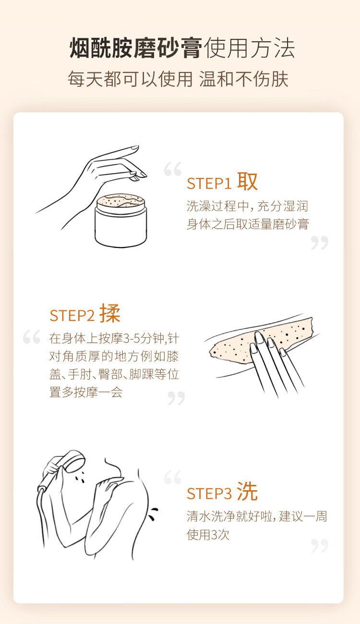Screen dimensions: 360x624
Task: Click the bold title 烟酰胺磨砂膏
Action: pos(136,48)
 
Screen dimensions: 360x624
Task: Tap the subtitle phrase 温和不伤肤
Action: pos(244,79)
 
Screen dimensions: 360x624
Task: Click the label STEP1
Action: pos(209,184)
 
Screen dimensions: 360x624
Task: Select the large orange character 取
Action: pos(247,181)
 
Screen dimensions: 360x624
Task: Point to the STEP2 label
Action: pos(72,316)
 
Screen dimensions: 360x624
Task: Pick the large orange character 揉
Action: pos(110,313)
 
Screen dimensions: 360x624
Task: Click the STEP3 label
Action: pos(209,494)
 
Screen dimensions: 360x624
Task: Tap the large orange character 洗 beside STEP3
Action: pos(247,492)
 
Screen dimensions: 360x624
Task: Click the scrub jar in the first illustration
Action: pos(121,220)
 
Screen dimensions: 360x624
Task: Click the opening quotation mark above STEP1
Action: pos(173,169)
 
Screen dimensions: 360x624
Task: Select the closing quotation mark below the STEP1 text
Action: pos(320,243)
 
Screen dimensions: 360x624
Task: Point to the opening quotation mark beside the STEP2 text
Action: pos(32,337)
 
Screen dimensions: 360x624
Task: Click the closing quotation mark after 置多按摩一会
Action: pos(176,398)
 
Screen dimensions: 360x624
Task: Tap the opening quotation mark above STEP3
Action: pos(173,477)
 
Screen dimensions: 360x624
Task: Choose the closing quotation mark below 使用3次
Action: pos(320,545)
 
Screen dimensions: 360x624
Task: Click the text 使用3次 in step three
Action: pos(208,535)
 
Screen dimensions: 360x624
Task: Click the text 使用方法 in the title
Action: pos(249,48)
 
